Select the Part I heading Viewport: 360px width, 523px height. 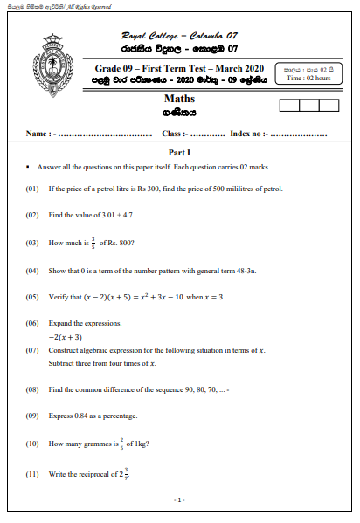tap(179, 151)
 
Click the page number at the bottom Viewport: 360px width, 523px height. tap(179, 499)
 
